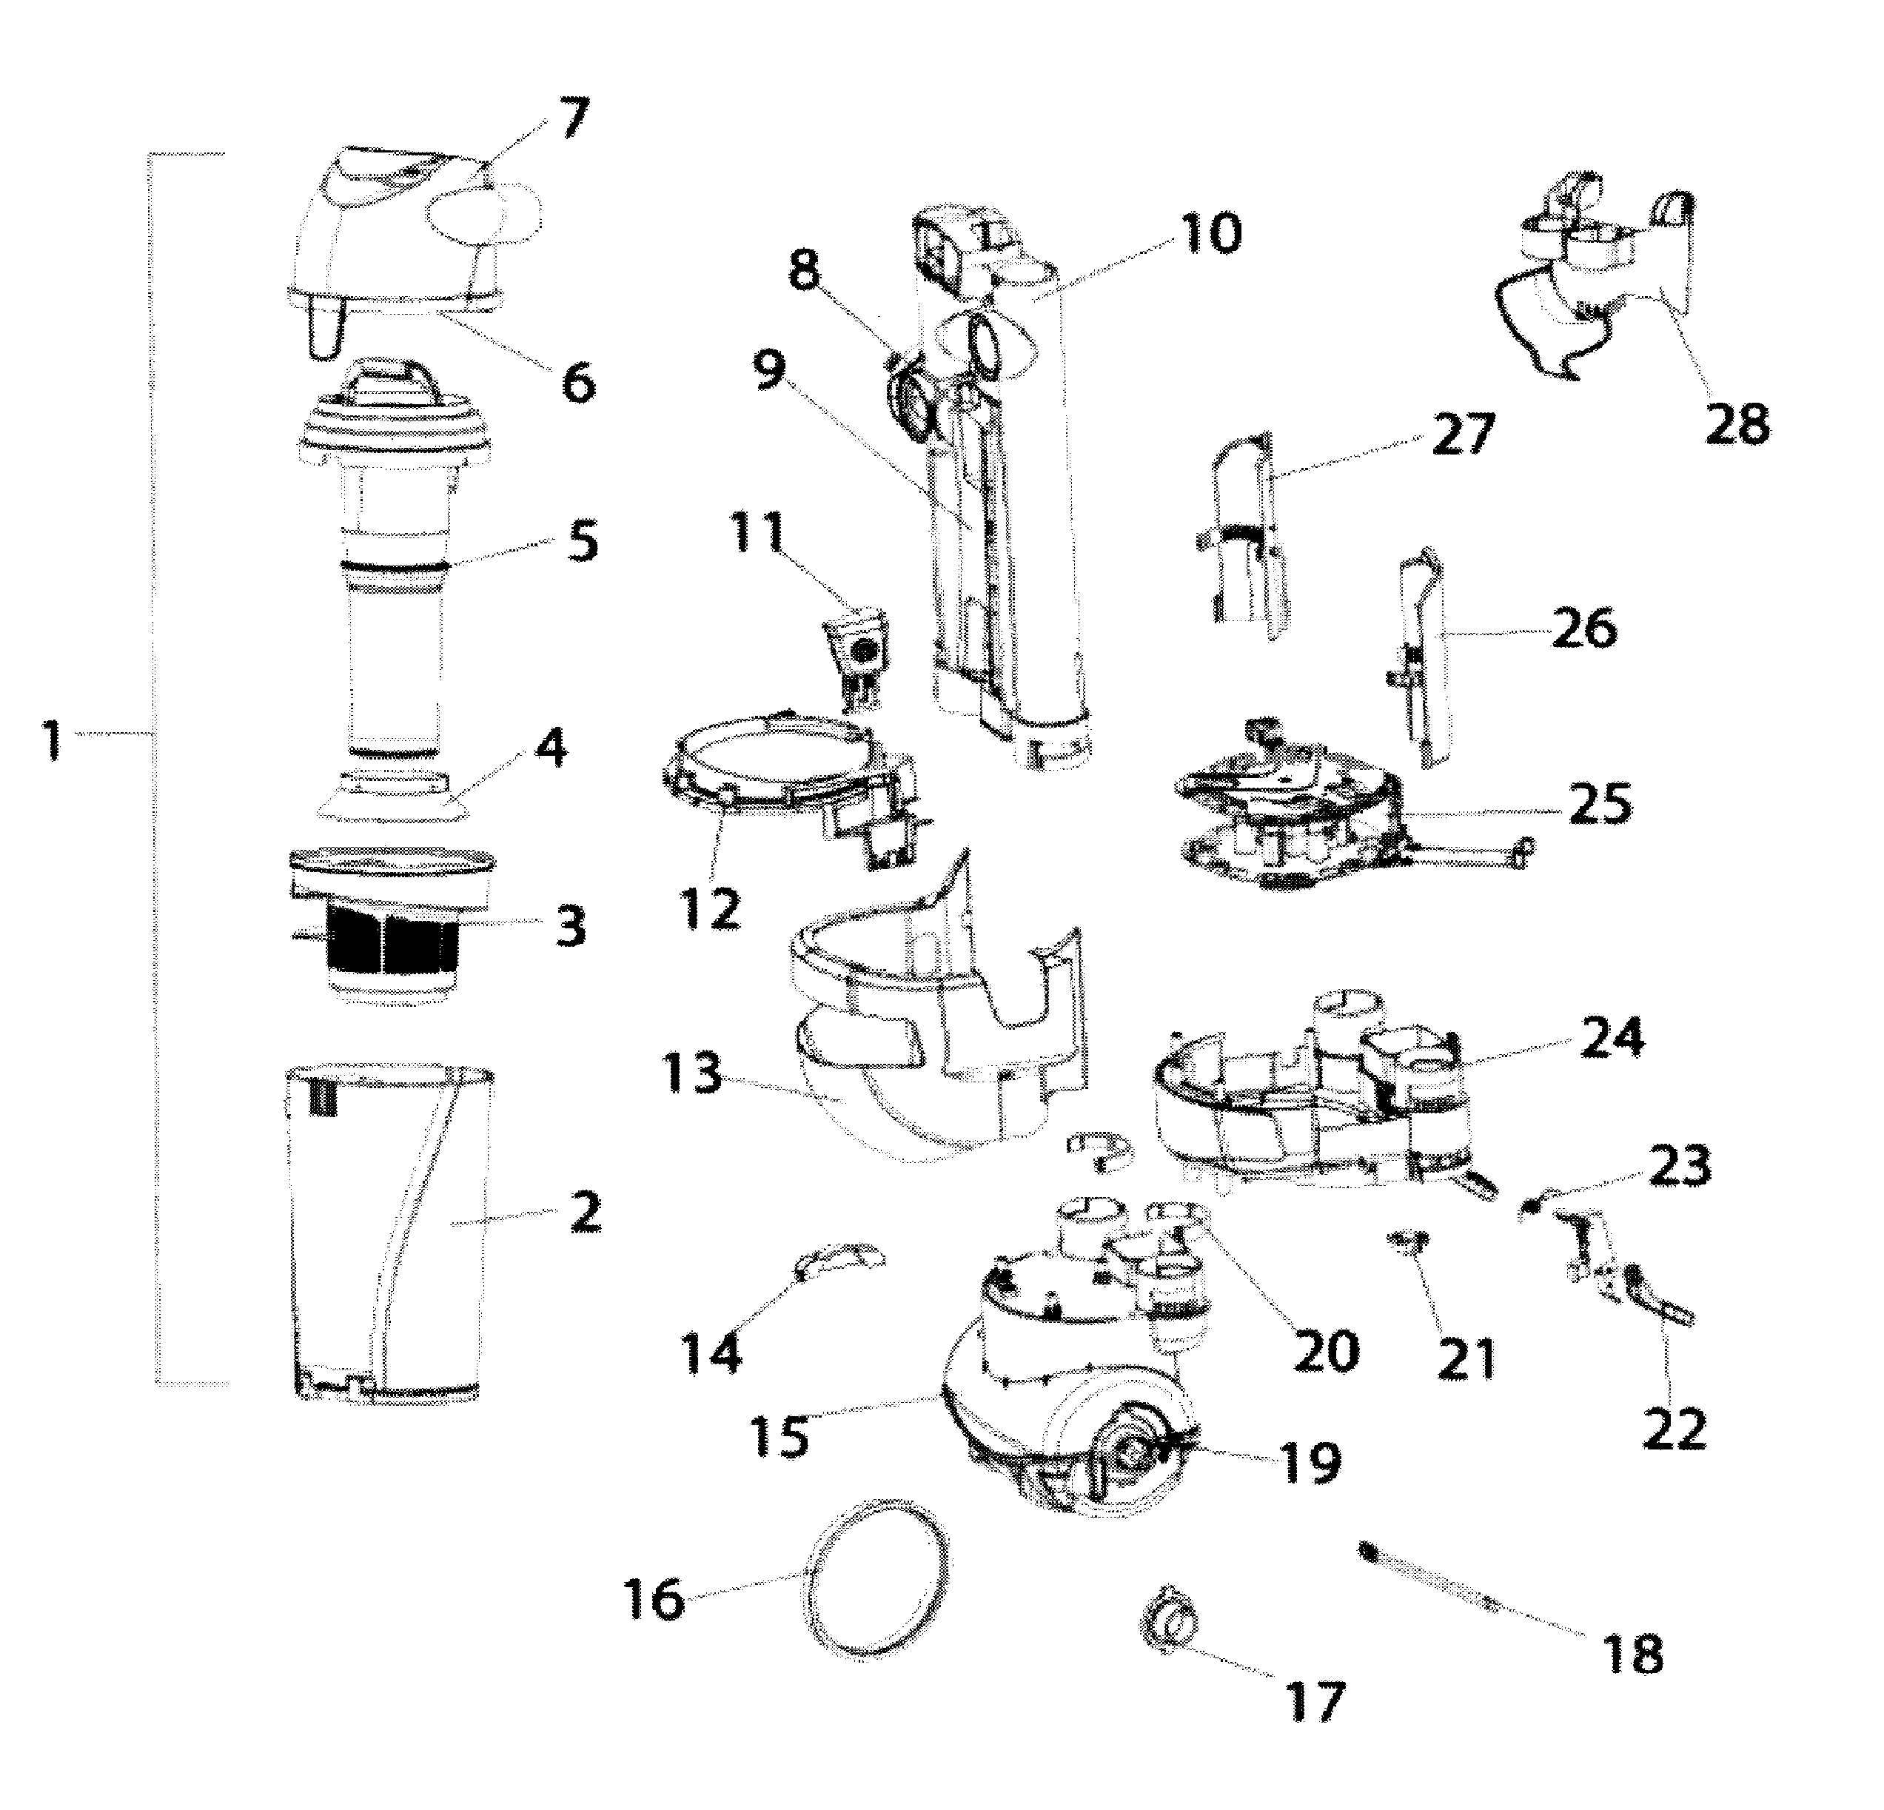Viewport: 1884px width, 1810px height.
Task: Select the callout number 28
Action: [x=1737, y=424]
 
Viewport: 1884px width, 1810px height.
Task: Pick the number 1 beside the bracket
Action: [x=53, y=743]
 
